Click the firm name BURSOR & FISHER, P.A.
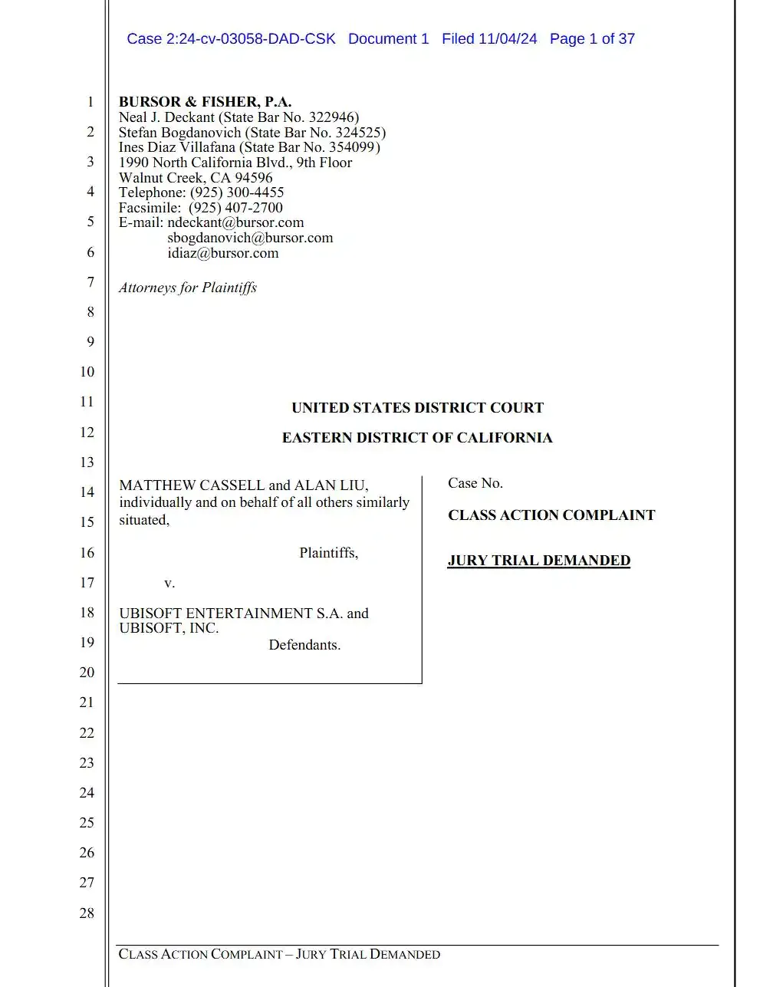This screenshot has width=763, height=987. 205,102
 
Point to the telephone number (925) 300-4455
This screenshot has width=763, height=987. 237,192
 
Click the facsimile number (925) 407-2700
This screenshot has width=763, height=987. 235,208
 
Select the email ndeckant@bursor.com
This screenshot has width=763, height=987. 235,222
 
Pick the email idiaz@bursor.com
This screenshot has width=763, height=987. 223,253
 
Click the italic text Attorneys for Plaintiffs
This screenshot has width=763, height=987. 188,288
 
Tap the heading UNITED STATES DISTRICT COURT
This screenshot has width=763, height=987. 417,408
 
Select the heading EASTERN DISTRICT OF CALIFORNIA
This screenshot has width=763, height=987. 417,438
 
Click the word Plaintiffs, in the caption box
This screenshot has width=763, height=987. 328,553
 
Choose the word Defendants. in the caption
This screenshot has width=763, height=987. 304,645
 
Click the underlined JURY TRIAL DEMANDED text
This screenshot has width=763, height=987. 538,561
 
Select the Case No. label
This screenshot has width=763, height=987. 475,483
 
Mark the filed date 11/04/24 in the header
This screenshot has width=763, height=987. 508,39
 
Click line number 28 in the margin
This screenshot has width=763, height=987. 87,913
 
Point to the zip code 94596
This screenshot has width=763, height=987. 254,178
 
